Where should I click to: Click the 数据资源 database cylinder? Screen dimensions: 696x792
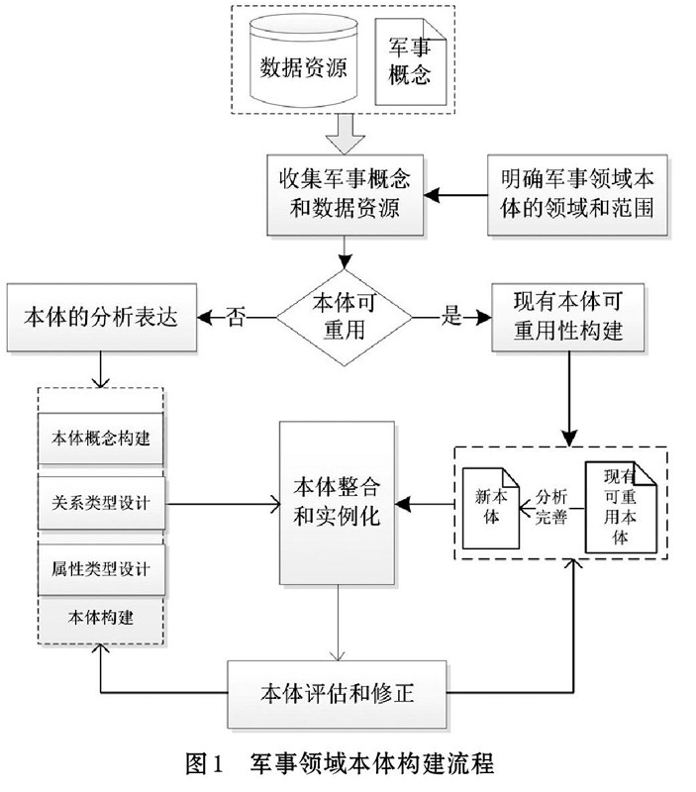(x=304, y=60)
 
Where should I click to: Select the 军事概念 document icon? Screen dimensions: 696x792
(x=410, y=61)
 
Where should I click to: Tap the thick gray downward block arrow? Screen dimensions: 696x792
(x=345, y=134)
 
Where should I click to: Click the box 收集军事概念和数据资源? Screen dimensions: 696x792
(x=345, y=194)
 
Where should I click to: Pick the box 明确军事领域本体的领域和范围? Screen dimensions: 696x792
(x=577, y=194)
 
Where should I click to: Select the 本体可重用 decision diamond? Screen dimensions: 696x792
(x=345, y=317)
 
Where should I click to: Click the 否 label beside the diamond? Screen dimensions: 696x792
(x=236, y=317)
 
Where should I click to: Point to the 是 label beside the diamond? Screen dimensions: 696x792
(x=451, y=315)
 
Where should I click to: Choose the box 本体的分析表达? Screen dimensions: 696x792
(x=102, y=317)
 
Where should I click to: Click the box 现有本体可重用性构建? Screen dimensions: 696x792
(x=568, y=317)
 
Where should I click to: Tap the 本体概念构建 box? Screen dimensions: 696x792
(x=101, y=438)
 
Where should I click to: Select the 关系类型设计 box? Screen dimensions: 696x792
(x=101, y=503)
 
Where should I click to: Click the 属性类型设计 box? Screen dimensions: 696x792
(x=101, y=568)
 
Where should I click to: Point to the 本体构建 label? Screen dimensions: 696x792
(x=101, y=617)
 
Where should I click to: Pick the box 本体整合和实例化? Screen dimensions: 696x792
(x=337, y=503)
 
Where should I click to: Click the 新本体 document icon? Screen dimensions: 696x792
(x=491, y=508)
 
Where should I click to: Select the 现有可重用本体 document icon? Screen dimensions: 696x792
(x=621, y=507)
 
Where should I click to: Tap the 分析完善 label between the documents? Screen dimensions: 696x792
(x=551, y=507)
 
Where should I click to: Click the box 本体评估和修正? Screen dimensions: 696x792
(x=337, y=694)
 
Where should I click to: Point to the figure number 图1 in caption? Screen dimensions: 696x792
(x=204, y=763)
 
